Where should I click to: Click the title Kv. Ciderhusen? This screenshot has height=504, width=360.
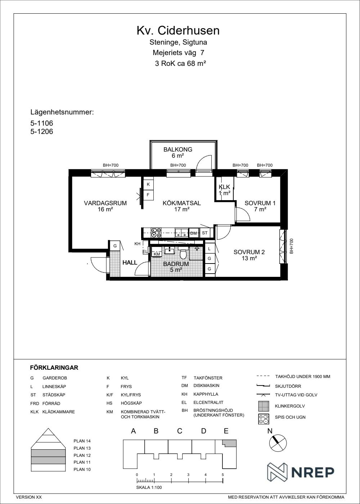coord(178,31)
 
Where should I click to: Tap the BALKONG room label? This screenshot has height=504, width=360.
coord(178,149)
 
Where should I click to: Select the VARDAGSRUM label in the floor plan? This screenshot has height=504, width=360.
coord(105,203)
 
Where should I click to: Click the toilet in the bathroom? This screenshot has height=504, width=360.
coord(183,254)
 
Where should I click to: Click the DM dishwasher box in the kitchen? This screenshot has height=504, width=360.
coord(194,233)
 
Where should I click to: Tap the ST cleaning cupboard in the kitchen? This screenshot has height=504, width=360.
coord(204,233)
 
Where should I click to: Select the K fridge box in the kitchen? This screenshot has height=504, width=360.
coord(148,184)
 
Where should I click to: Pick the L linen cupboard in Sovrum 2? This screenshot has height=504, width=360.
coord(209,249)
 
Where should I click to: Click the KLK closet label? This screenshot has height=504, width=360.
coord(224,187)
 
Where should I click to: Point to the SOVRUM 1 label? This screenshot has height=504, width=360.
coord(260,203)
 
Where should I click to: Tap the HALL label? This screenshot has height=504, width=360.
coord(130,262)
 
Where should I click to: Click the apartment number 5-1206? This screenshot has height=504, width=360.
coord(42,131)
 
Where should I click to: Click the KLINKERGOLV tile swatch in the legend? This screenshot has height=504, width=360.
coord(264,406)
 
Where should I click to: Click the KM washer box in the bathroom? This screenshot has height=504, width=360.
coord(157,254)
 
